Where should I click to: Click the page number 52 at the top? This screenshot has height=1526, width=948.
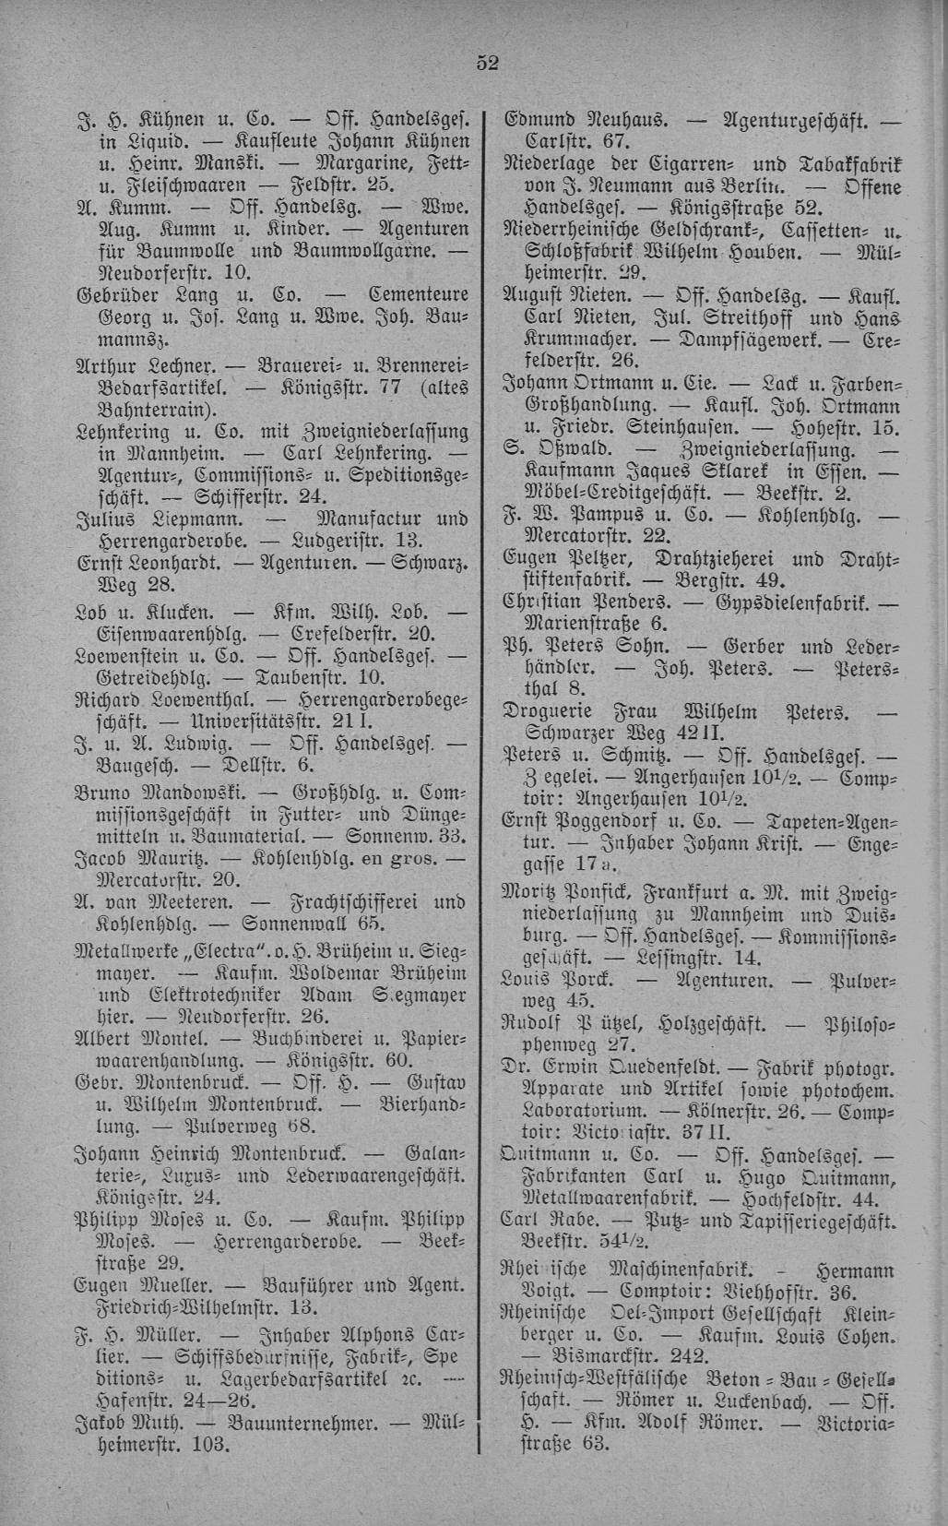pyautogui.click(x=487, y=63)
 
